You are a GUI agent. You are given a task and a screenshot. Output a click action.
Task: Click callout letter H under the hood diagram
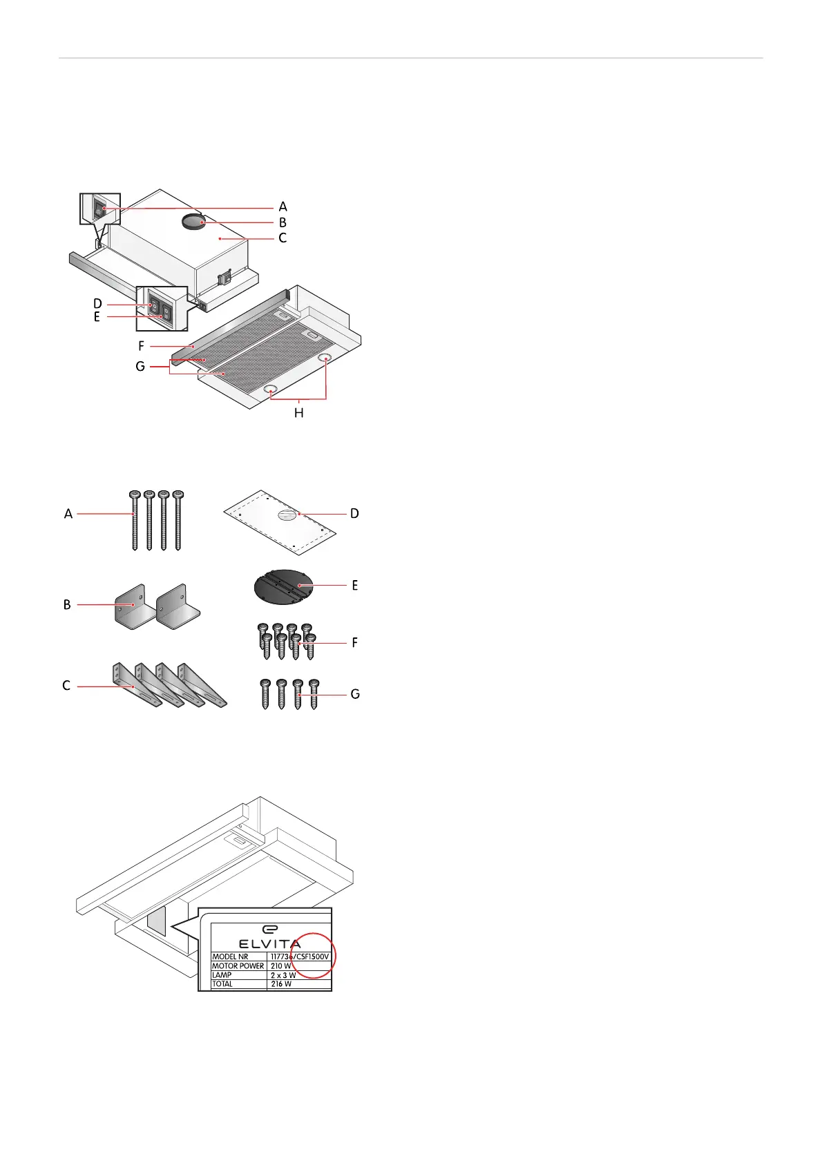298,413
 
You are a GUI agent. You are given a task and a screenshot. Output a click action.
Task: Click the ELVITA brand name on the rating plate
269,943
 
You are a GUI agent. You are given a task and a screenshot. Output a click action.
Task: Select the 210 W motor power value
280,966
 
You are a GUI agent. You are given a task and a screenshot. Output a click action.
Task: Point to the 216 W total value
281,984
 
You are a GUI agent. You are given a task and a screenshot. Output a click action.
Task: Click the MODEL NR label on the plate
230,957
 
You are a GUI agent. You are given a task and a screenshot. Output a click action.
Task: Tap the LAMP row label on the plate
222,975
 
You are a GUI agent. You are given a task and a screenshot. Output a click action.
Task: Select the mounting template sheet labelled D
280,522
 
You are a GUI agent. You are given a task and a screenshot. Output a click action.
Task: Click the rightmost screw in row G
314,694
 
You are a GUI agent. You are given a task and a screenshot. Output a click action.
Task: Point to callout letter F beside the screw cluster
354,643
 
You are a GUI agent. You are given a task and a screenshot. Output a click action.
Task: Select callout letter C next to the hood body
283,238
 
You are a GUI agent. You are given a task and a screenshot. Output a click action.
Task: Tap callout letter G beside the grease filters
140,367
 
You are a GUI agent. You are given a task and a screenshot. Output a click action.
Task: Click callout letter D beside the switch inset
97,304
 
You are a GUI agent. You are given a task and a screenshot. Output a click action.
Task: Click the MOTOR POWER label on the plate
238,966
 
